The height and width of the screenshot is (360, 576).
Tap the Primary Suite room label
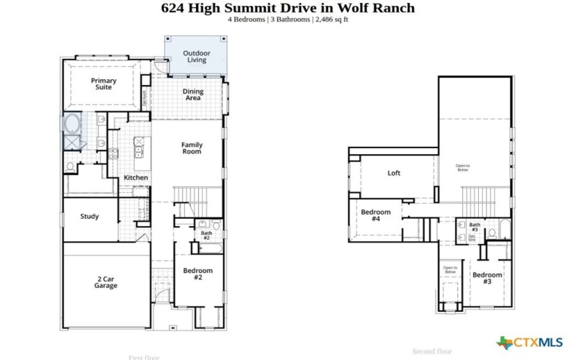[x=104, y=84]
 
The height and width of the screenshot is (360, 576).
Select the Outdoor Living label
[x=197, y=56]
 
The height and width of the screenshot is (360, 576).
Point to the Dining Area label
[x=193, y=94]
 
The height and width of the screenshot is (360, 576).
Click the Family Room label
[x=192, y=148]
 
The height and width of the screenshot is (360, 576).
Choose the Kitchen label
[x=135, y=177]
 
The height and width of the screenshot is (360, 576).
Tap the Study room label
[x=90, y=216]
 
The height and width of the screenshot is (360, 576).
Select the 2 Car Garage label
[x=106, y=282]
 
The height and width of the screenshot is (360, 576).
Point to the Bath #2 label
[x=206, y=235]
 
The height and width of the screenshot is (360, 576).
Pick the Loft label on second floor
[x=394, y=173]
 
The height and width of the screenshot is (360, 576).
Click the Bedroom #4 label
[x=376, y=215]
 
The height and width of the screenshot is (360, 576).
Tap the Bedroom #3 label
[x=487, y=278]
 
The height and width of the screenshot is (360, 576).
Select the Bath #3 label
[x=474, y=228]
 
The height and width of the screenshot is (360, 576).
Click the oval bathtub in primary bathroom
[x=73, y=123]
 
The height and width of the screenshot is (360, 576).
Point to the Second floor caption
[x=432, y=351]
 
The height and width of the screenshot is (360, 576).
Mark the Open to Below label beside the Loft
[x=463, y=167]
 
